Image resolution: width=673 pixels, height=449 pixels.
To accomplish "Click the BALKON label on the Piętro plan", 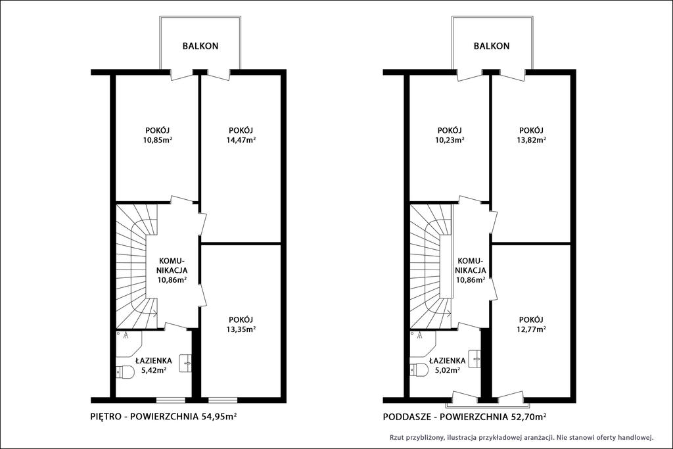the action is click(x=200, y=46).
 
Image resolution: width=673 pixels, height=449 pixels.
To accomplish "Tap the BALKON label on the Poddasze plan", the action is click(x=492, y=46).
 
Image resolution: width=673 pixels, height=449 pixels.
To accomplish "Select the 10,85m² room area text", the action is click(x=158, y=140).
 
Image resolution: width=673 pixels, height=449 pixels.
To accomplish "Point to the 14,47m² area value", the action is click(x=242, y=140).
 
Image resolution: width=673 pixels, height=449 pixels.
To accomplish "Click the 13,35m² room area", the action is click(x=242, y=329).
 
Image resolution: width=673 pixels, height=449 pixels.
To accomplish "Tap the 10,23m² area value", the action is click(x=450, y=140).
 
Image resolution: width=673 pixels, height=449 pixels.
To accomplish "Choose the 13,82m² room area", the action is click(x=532, y=140).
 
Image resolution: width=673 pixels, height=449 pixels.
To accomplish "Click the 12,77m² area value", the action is click(x=532, y=329).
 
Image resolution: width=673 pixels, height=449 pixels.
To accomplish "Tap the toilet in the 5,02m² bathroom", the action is click(x=419, y=370).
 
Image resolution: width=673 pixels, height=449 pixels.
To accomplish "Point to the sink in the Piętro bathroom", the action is click(x=185, y=363).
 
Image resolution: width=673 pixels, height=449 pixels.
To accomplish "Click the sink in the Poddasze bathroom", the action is click(x=475, y=358).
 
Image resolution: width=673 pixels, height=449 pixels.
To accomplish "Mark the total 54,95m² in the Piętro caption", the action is click(x=220, y=416).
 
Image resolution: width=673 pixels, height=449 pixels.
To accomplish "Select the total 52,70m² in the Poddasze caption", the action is click(x=528, y=416).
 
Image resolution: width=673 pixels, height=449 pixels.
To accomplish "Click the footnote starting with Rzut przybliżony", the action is click(x=521, y=438).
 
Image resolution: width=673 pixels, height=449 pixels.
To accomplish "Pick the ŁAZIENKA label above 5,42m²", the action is click(x=153, y=360).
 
